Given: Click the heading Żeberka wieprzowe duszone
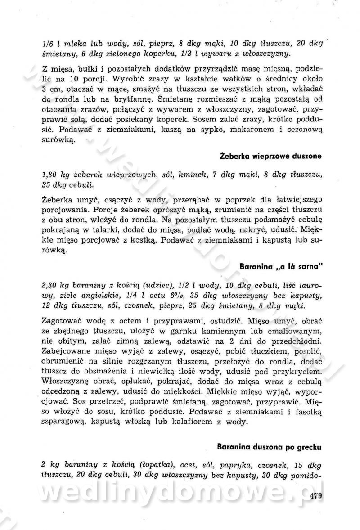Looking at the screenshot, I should (x=271, y=156).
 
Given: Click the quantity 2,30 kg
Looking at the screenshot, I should (x=52, y=287).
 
